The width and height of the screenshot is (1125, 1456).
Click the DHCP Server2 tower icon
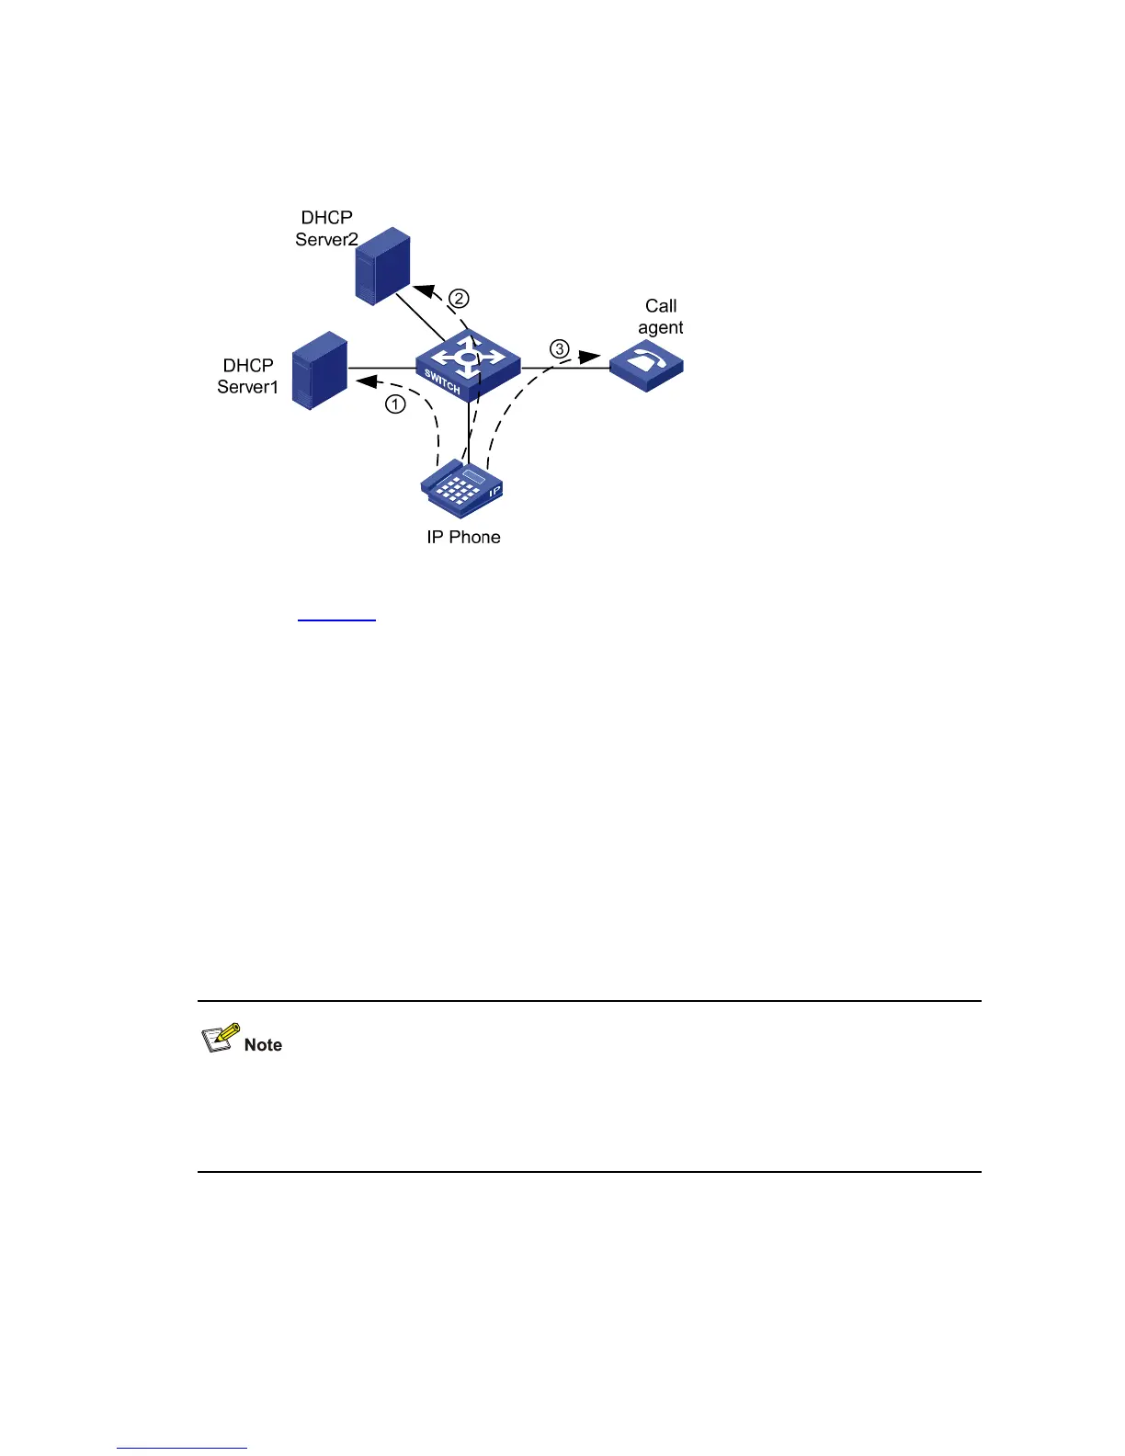[x=382, y=267]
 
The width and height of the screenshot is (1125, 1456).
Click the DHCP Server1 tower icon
[x=319, y=370]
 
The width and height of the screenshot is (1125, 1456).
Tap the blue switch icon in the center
[x=468, y=364]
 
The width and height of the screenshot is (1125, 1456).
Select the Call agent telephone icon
[x=647, y=365]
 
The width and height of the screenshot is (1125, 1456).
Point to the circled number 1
[x=395, y=404]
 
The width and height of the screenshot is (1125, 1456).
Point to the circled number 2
[x=459, y=299]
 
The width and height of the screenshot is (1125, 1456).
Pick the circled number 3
[x=559, y=349]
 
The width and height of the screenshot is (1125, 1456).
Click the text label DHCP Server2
[x=326, y=229]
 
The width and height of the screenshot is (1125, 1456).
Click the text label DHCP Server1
[x=247, y=376]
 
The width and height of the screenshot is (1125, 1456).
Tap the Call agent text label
[x=661, y=317]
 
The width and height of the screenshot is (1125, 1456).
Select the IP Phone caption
[x=463, y=538]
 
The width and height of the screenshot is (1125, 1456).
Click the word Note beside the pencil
[x=263, y=1045]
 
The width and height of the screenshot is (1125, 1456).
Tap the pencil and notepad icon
[x=221, y=1038]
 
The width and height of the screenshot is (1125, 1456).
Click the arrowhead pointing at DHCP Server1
[x=365, y=381]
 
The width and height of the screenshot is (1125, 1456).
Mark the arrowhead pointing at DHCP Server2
[x=424, y=290]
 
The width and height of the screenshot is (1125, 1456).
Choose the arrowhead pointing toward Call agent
[x=589, y=357]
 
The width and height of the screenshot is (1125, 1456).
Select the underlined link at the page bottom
[x=182, y=1448]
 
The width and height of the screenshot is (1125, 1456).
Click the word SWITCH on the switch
[x=442, y=381]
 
